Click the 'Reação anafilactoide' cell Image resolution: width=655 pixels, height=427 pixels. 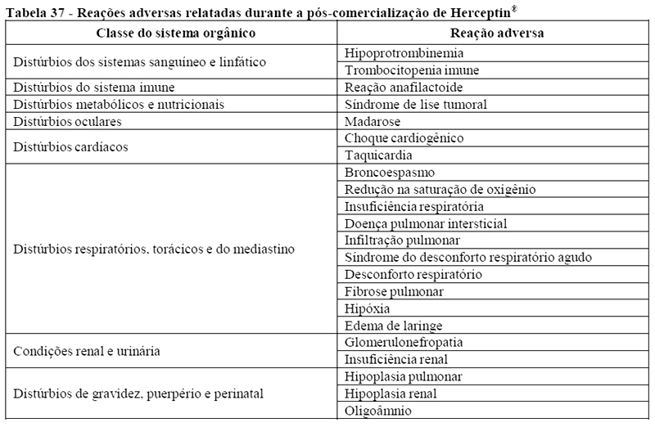point(404,88)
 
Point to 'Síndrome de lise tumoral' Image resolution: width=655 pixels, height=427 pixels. point(416,105)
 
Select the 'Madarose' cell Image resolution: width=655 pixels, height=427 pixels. point(373,121)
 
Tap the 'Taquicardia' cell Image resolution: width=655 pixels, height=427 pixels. point(378,155)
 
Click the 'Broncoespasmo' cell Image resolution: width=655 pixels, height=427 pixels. point(390,173)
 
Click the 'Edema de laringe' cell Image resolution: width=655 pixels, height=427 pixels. point(391,326)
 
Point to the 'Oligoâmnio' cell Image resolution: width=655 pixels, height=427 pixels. point(379,411)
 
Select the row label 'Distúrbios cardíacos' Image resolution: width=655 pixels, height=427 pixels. point(69,147)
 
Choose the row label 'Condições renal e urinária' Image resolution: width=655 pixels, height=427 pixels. point(85,352)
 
